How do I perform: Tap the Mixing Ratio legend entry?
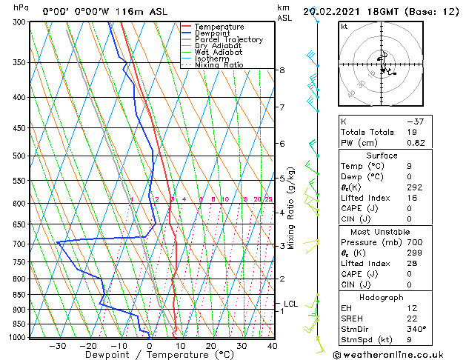click(x=219, y=65)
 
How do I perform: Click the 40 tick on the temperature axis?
click(x=271, y=345)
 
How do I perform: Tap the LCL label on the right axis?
click(x=290, y=304)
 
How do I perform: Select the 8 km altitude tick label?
click(x=282, y=70)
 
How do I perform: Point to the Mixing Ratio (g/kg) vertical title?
click(x=292, y=208)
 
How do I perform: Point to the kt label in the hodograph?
click(x=344, y=27)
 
